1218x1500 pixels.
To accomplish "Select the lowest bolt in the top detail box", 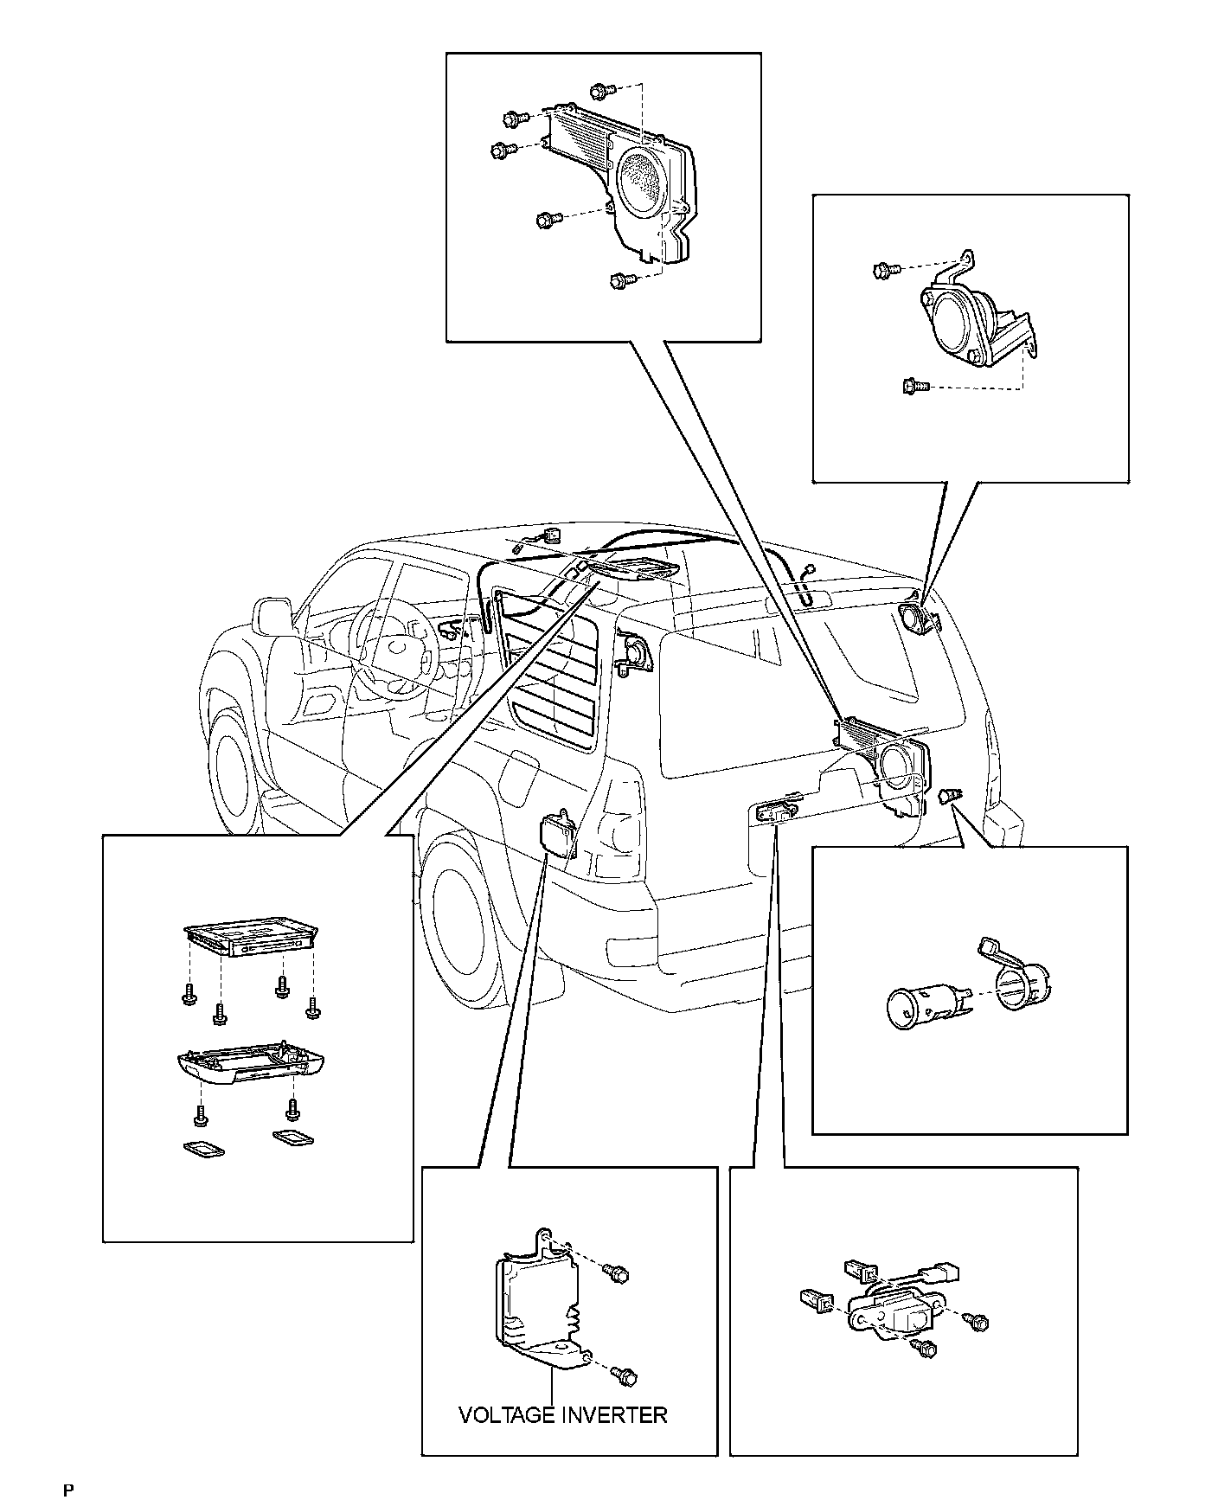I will [x=620, y=280].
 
